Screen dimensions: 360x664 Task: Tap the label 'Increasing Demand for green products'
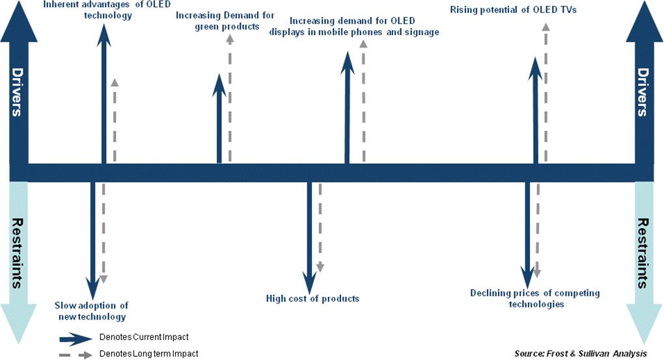coord(217,21)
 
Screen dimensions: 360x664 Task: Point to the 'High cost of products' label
coord(312,299)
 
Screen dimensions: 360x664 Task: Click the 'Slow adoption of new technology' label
coord(90,311)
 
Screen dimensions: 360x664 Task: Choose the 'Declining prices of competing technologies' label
coord(535,298)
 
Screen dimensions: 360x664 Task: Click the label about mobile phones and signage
coord(354,27)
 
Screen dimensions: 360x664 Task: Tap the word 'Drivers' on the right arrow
coord(643,92)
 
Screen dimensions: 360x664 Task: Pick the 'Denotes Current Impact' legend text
coord(144,337)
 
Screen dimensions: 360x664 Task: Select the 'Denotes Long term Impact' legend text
coord(148,353)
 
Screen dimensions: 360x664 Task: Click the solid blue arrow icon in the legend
coord(75,339)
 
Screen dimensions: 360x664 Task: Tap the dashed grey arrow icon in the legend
coord(75,355)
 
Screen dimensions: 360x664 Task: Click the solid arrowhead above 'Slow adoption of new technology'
coord(94,286)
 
